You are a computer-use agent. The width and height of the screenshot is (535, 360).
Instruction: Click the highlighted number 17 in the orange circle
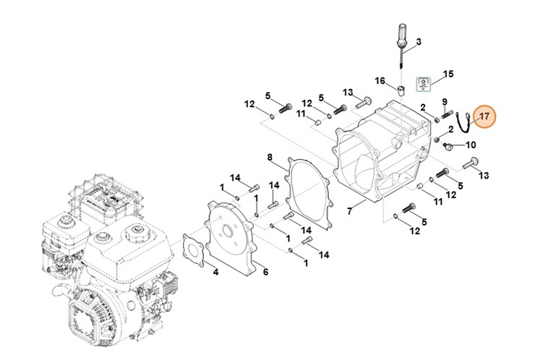484,116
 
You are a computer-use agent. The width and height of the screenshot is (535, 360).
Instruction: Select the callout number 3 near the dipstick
418,41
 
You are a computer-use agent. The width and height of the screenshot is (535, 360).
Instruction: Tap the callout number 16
380,80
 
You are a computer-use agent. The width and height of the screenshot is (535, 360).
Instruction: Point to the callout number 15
448,74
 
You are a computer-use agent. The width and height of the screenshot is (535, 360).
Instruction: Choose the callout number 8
270,157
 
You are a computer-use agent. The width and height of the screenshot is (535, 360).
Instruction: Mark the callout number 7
349,211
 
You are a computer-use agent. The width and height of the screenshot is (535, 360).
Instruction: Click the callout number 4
215,272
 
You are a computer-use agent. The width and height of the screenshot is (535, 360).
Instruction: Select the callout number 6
265,272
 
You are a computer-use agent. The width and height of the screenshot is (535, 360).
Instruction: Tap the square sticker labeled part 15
424,85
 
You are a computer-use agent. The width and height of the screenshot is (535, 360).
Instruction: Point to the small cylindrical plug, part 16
398,93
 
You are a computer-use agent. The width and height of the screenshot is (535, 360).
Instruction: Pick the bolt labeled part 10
450,147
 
